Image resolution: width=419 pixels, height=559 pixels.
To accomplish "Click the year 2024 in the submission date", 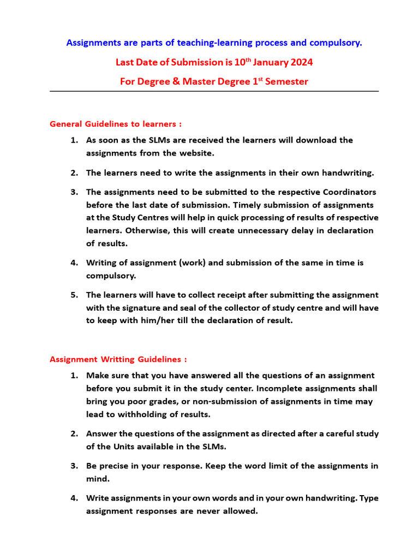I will click(x=298, y=62).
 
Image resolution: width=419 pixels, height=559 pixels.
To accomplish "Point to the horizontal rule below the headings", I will click(x=214, y=91).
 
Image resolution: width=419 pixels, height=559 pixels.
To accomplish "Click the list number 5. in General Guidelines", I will click(x=74, y=295).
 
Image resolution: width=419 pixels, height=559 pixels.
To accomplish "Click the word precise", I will click(x=117, y=466).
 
